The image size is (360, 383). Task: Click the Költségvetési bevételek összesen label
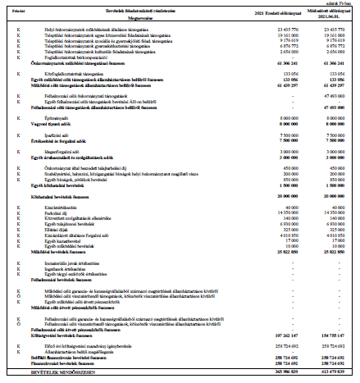(61, 335)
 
